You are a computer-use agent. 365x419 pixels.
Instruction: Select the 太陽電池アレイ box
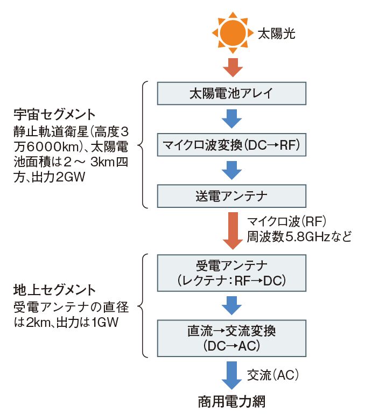(x=231, y=93)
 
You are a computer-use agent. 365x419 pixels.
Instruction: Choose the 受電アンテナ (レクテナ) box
(x=231, y=274)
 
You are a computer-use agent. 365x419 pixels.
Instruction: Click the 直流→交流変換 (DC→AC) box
(x=231, y=338)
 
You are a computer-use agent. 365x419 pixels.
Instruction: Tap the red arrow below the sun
(x=232, y=66)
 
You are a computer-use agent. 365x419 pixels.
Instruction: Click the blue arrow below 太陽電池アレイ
(x=232, y=118)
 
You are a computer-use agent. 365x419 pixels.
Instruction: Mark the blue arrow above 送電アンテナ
(x=232, y=169)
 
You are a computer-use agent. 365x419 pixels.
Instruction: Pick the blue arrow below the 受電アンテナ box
(x=232, y=305)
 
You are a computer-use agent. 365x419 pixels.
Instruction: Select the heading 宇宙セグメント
(x=54, y=115)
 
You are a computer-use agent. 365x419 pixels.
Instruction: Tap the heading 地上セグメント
(x=54, y=291)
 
